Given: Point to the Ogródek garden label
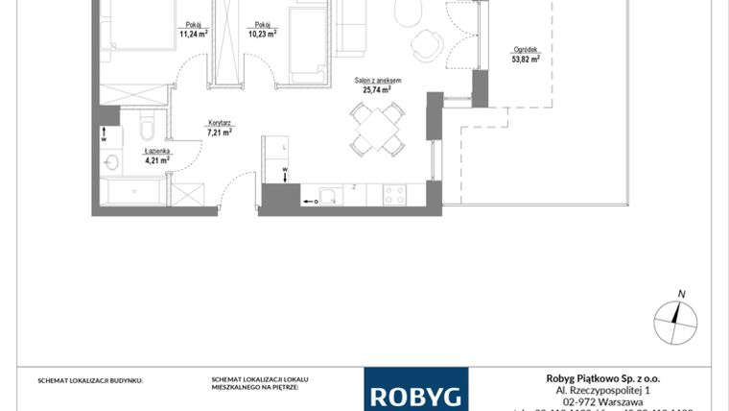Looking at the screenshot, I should click(x=526, y=50).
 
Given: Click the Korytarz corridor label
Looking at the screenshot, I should click(x=221, y=123).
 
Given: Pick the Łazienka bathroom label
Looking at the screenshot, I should click(x=156, y=151).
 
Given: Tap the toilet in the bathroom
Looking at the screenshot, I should click(x=146, y=130).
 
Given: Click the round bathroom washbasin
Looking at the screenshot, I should click(x=110, y=161).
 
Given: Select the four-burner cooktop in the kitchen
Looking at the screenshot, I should click(x=394, y=194).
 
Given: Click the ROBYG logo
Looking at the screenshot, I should click(x=415, y=394).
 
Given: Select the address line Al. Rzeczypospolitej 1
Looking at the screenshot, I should click(x=603, y=390).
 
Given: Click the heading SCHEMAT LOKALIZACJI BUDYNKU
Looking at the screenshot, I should click(x=90, y=381).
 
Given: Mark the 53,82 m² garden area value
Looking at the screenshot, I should click(x=526, y=59).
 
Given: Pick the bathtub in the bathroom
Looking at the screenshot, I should click(x=134, y=192).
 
